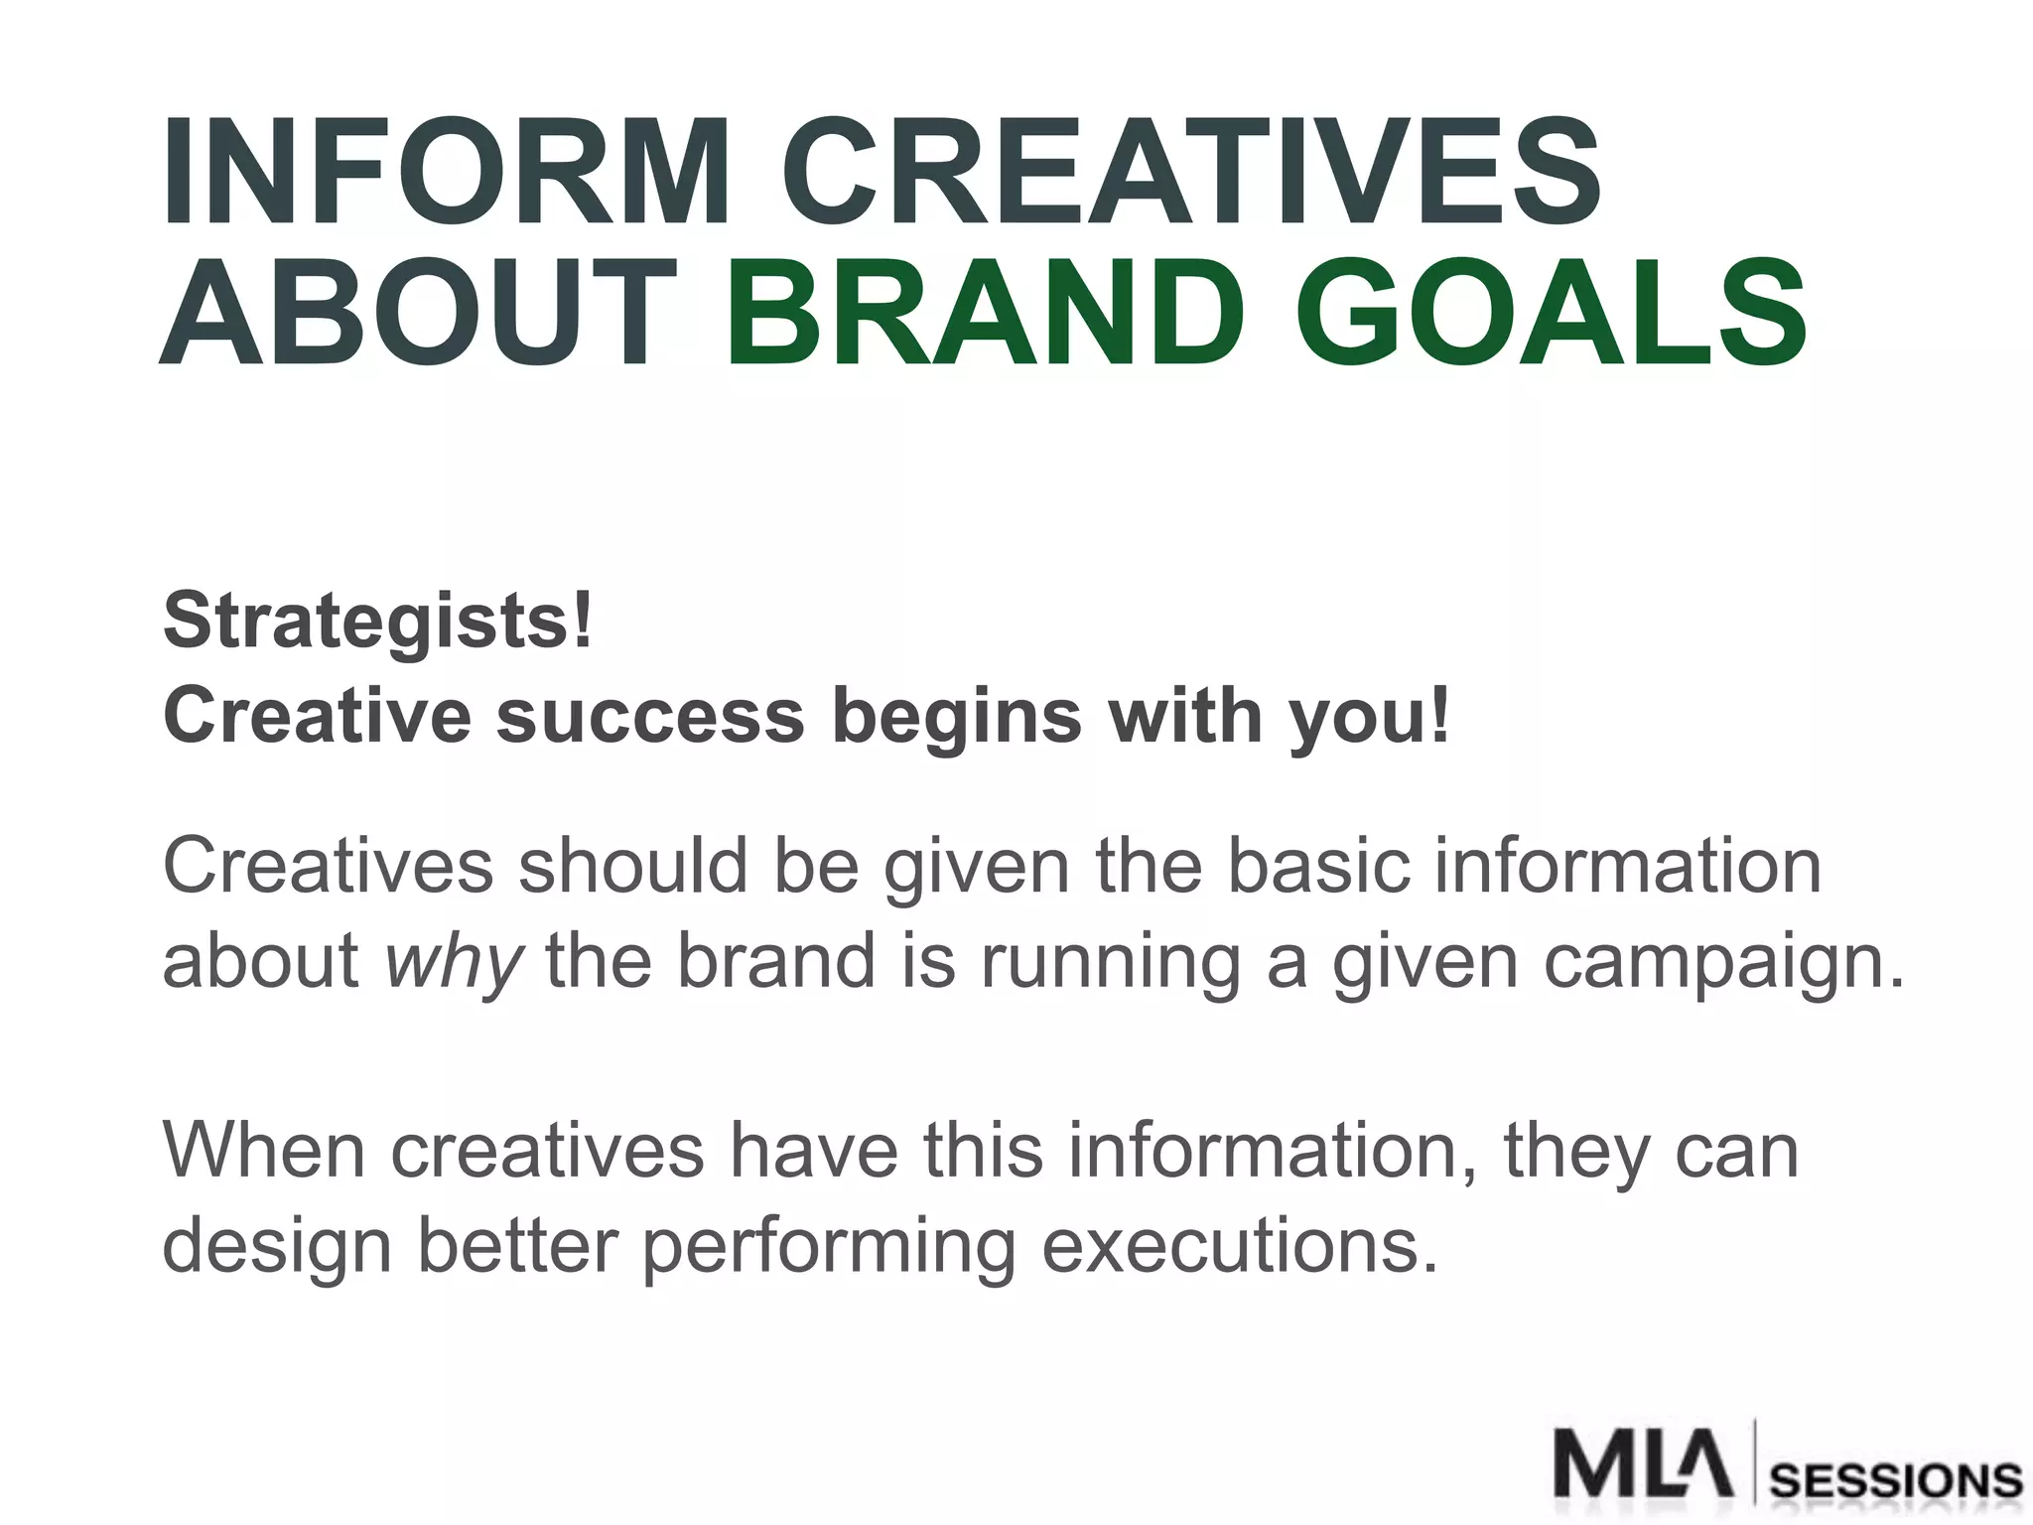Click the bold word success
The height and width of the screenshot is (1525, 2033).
pos(649,716)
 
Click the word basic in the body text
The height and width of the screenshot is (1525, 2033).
pos(1318,866)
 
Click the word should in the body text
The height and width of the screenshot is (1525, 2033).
pos(633,866)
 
